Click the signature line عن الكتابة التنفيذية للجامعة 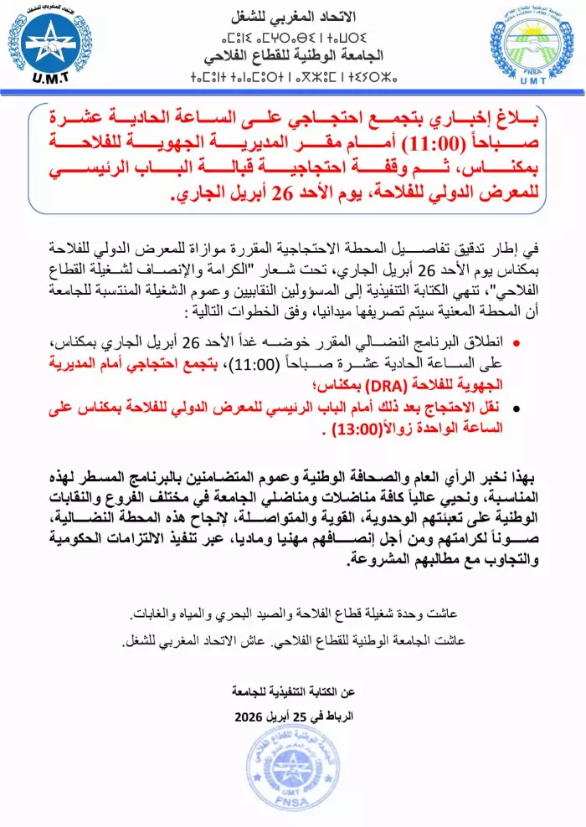click(292, 692)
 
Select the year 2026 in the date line click(249, 718)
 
